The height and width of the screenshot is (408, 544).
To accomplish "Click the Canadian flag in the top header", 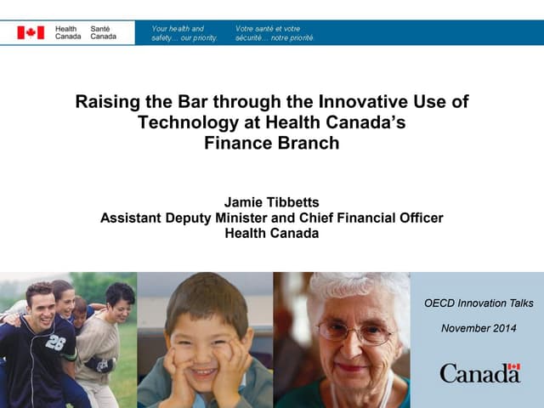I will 31,32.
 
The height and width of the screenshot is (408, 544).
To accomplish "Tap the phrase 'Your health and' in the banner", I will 178,28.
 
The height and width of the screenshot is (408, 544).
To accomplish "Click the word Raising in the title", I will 103,102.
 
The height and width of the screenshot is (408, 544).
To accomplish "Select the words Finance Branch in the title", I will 271,143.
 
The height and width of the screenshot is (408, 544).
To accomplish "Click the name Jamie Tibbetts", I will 271,202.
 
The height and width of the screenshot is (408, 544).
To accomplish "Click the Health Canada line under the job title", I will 271,233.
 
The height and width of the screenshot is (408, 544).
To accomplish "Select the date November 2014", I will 479,328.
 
